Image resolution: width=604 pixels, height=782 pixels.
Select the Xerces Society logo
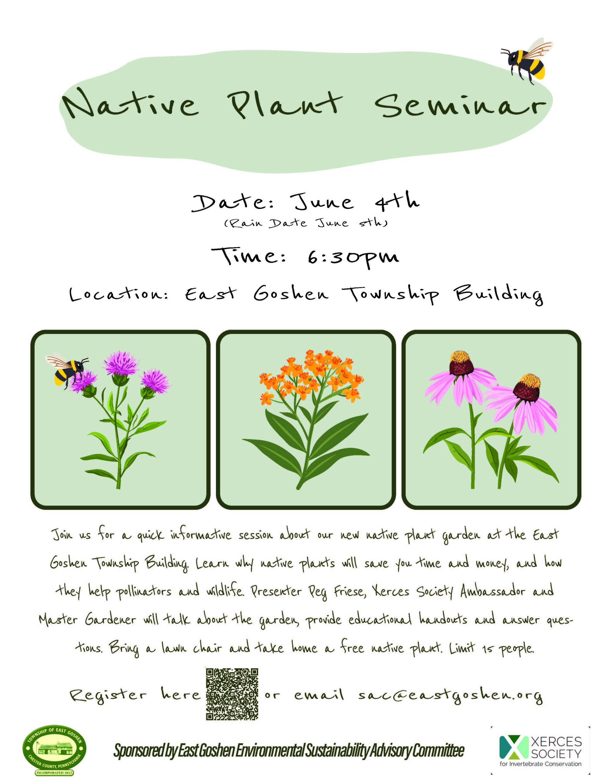(x=540, y=751)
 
